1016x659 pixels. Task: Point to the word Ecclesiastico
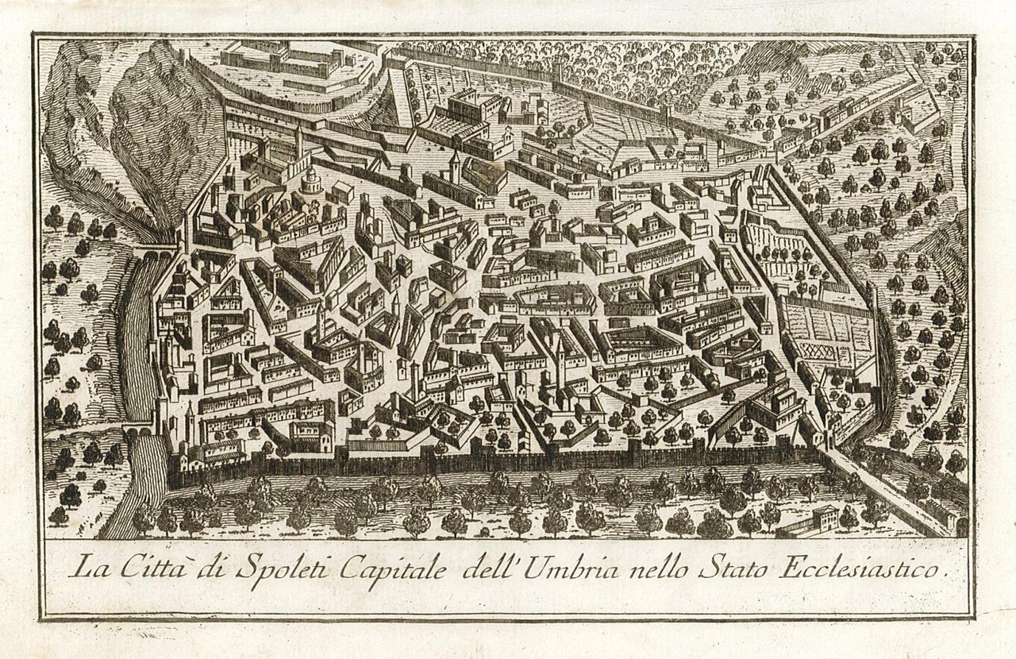862,568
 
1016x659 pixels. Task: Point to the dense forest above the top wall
635,71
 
